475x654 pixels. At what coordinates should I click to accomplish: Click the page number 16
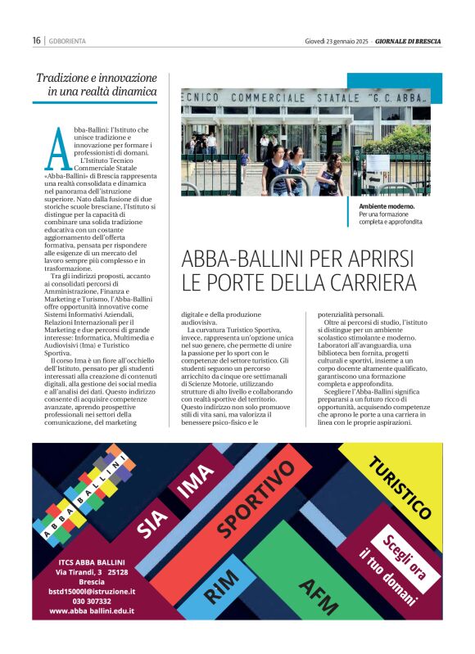37,40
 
